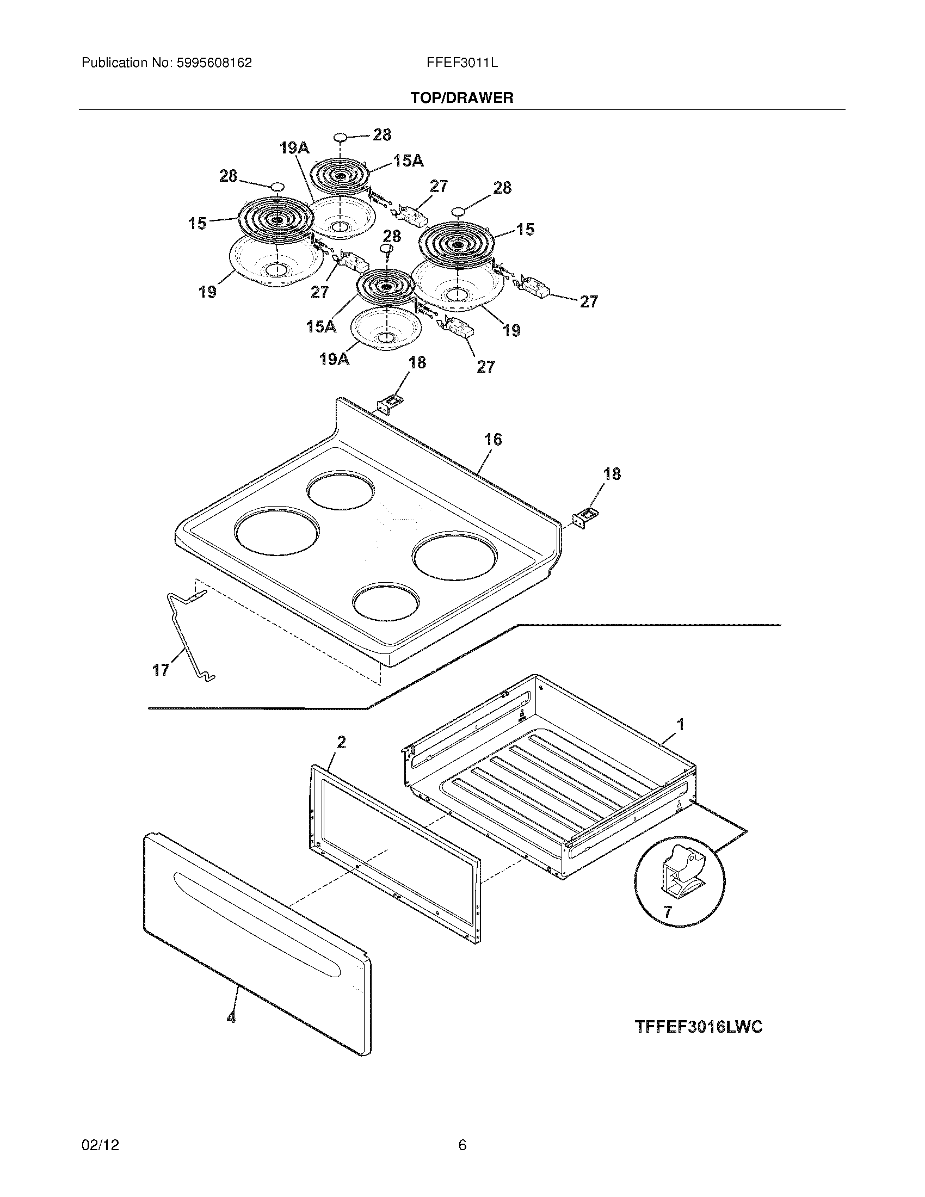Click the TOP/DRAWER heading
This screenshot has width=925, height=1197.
click(462, 98)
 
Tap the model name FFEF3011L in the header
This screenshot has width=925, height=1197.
click(462, 63)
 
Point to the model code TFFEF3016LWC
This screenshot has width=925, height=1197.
click(699, 1027)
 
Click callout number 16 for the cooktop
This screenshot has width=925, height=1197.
click(492, 439)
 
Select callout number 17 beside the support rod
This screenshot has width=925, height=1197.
click(161, 670)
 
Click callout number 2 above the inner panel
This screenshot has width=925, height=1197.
click(341, 742)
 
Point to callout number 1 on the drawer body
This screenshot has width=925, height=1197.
click(680, 725)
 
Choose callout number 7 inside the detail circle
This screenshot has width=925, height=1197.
click(667, 912)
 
